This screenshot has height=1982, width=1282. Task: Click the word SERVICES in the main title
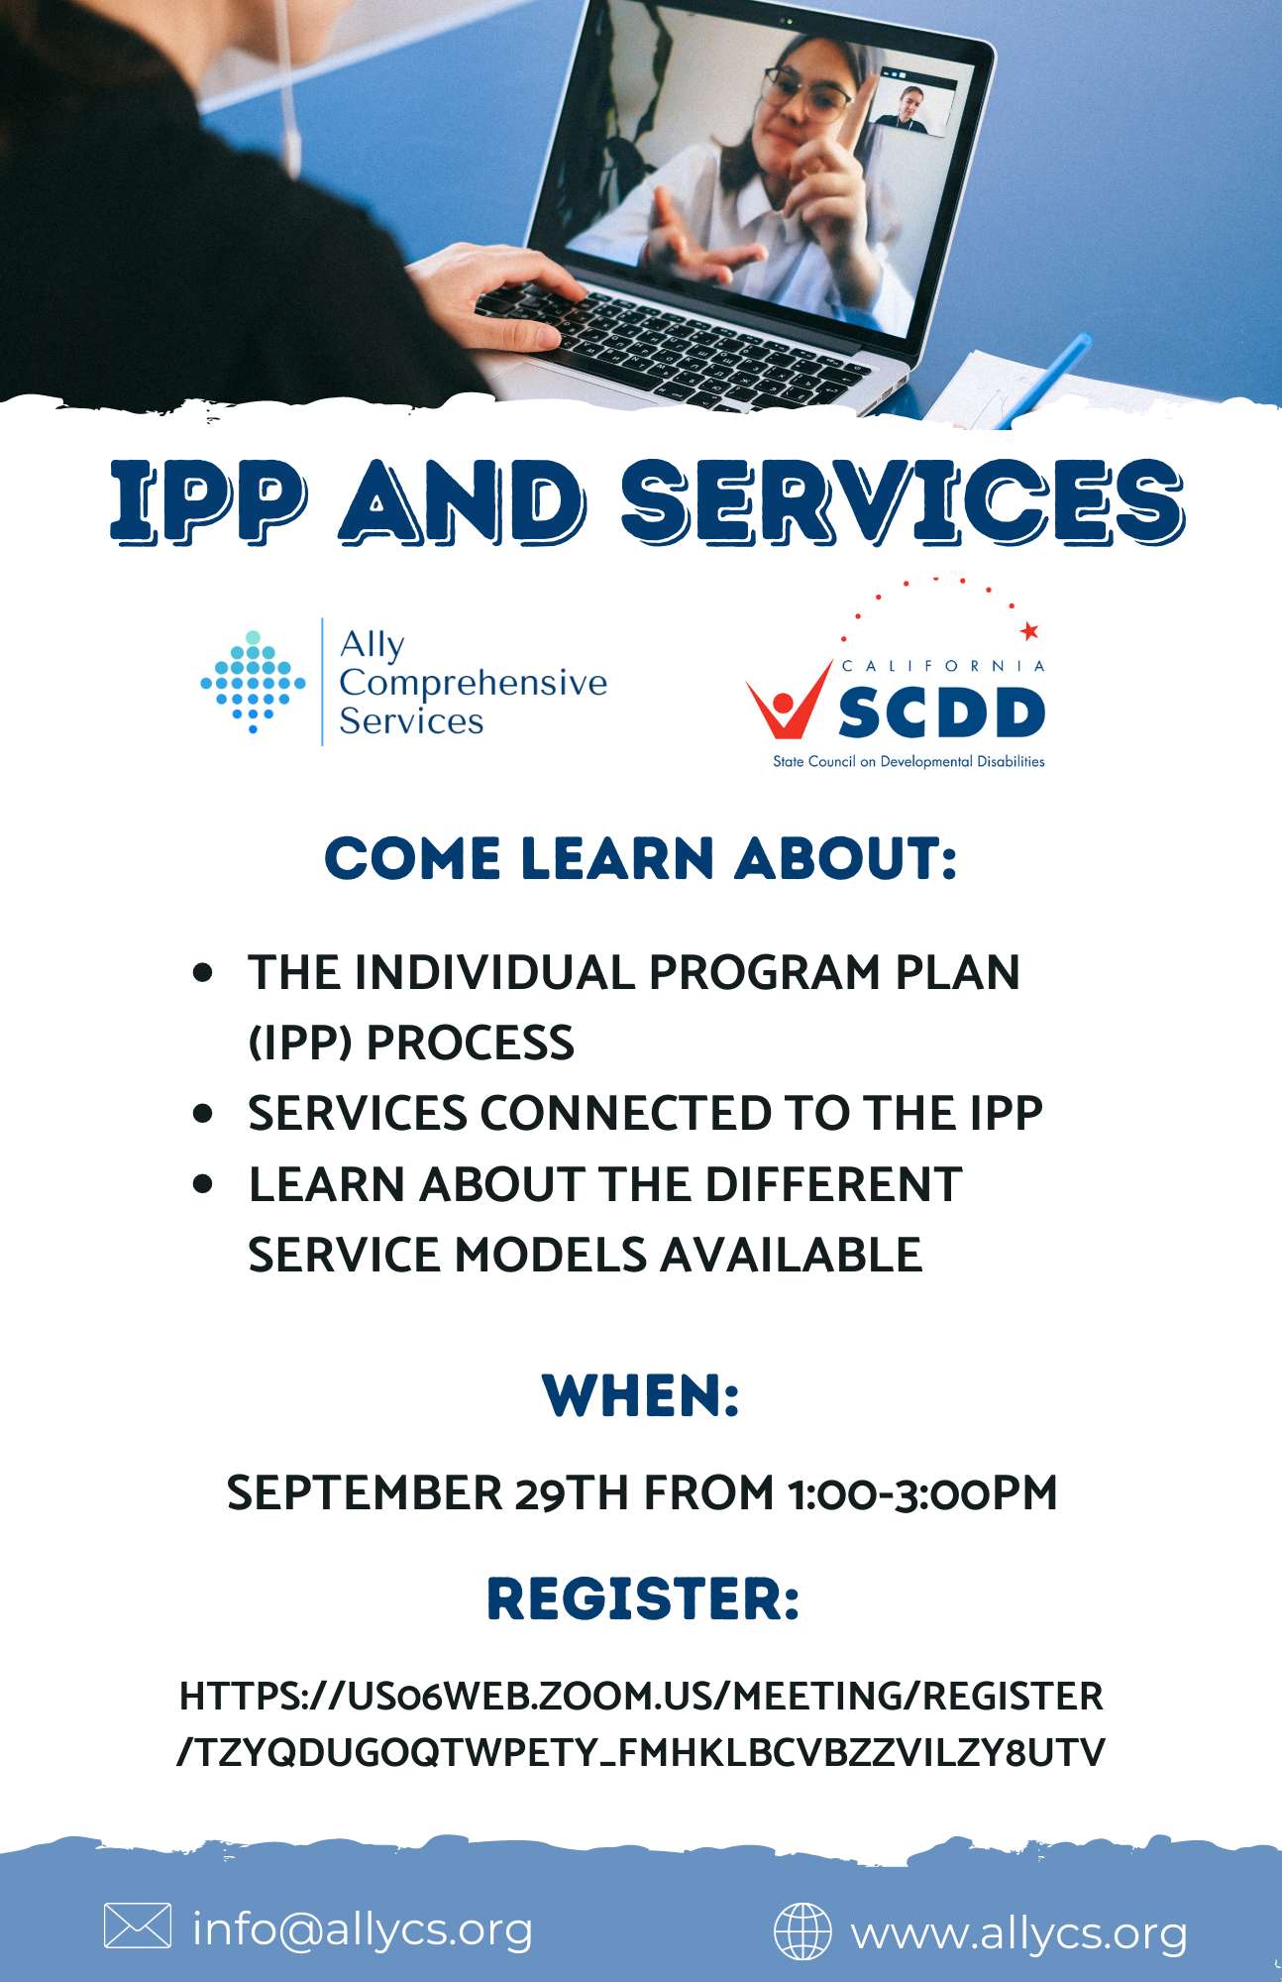[x=903, y=501]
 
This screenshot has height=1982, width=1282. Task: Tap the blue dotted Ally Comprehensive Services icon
[x=254, y=682]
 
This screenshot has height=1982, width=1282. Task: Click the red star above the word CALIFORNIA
[x=1029, y=630]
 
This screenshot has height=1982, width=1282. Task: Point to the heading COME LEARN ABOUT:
[x=641, y=858]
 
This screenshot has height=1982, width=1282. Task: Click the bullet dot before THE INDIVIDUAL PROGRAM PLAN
[x=203, y=972]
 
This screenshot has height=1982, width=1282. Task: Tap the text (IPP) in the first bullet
[x=299, y=1043]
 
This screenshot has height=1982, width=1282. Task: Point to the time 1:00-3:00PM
[x=922, y=1492]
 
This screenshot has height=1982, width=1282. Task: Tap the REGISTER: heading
[x=643, y=1599]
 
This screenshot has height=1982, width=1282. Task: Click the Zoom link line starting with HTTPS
[x=641, y=1696]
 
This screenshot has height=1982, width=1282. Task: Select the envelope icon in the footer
[x=138, y=1926]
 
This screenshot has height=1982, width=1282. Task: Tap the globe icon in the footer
[x=802, y=1931]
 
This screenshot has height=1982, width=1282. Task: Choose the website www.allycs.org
[x=1018, y=1933]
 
